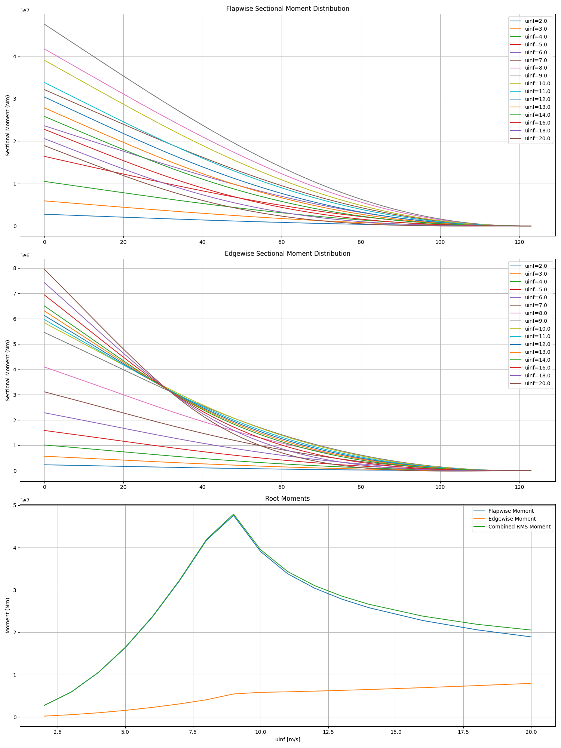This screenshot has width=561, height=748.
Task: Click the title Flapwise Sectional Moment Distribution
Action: (x=287, y=9)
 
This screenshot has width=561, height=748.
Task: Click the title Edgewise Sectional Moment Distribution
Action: (x=287, y=254)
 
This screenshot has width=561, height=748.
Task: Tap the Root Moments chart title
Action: (x=287, y=499)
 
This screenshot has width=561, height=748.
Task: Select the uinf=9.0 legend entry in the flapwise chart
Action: (x=536, y=76)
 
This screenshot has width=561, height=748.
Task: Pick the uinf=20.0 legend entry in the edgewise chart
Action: (x=537, y=383)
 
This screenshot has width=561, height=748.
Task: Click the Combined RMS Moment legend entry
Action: (x=519, y=527)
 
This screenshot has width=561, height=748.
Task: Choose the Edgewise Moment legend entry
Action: (x=512, y=519)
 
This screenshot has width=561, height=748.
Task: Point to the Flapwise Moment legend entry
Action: (x=511, y=511)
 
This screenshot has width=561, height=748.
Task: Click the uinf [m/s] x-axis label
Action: (x=287, y=739)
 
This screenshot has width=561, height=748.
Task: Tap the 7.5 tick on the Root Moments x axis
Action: (x=193, y=732)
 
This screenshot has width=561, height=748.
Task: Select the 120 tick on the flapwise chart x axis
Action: (x=519, y=242)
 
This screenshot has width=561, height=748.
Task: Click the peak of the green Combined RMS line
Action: (x=233, y=514)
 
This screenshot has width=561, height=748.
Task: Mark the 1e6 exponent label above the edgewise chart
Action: (x=25, y=255)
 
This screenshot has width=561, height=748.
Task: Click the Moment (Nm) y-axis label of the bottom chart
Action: (x=8, y=615)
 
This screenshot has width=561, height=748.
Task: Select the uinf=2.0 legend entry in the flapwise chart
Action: (x=536, y=21)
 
